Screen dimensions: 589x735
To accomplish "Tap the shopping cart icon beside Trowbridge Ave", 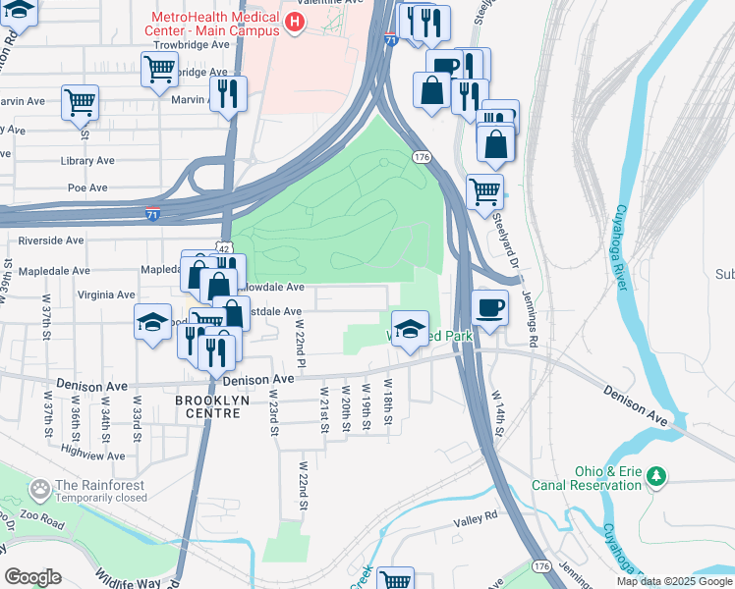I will (x=158, y=70).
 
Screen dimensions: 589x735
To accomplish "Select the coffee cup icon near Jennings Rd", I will (x=489, y=308).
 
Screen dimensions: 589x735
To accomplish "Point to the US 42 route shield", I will (x=227, y=251).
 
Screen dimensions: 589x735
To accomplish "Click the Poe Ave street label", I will (x=87, y=187).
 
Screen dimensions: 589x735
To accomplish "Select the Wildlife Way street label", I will (x=128, y=579).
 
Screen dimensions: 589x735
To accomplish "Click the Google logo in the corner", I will (x=32, y=576).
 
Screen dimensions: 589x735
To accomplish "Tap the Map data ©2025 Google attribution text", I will (x=675, y=581).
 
